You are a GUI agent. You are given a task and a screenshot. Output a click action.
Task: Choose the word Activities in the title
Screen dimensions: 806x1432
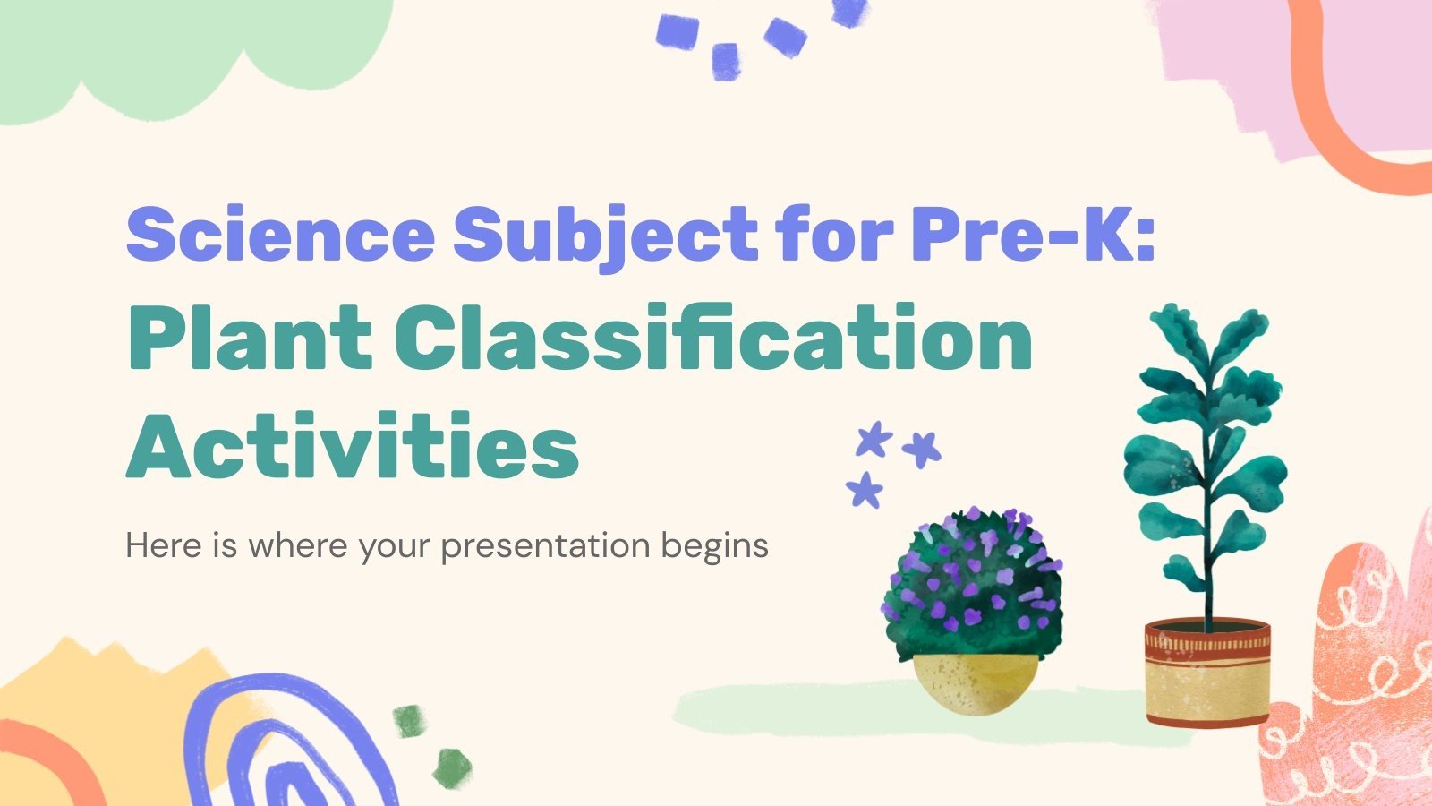coord(353,445)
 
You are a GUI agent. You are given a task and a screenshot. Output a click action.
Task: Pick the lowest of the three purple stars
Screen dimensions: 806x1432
coord(865,490)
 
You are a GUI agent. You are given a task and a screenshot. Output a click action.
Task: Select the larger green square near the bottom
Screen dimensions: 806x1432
coord(452,767)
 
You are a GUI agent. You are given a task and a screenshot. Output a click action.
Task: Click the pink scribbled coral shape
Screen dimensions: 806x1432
coord(1360,681)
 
